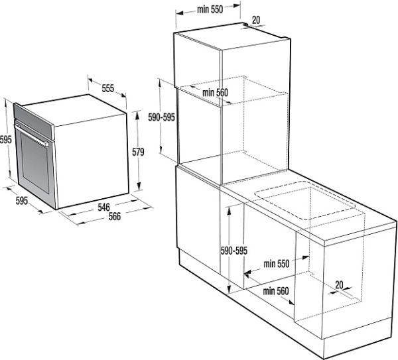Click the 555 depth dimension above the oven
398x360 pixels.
(108, 88)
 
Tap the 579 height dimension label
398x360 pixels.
(138, 152)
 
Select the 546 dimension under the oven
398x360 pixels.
(103, 207)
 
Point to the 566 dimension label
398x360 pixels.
(115, 216)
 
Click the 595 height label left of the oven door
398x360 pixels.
(5, 139)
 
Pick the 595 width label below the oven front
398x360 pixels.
(22, 201)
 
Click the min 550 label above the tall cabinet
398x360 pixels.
(210, 9)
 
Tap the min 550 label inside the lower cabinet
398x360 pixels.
(277, 264)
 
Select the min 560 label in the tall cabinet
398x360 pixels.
(215, 93)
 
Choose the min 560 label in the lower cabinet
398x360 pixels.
(276, 291)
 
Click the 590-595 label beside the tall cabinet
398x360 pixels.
(162, 117)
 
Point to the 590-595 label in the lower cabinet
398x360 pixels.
(233, 251)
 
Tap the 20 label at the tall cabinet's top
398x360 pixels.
(256, 20)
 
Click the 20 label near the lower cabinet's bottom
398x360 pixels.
(339, 285)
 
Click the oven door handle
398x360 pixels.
(32, 135)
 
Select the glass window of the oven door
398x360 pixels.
(35, 163)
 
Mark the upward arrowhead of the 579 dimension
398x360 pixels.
(137, 116)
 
